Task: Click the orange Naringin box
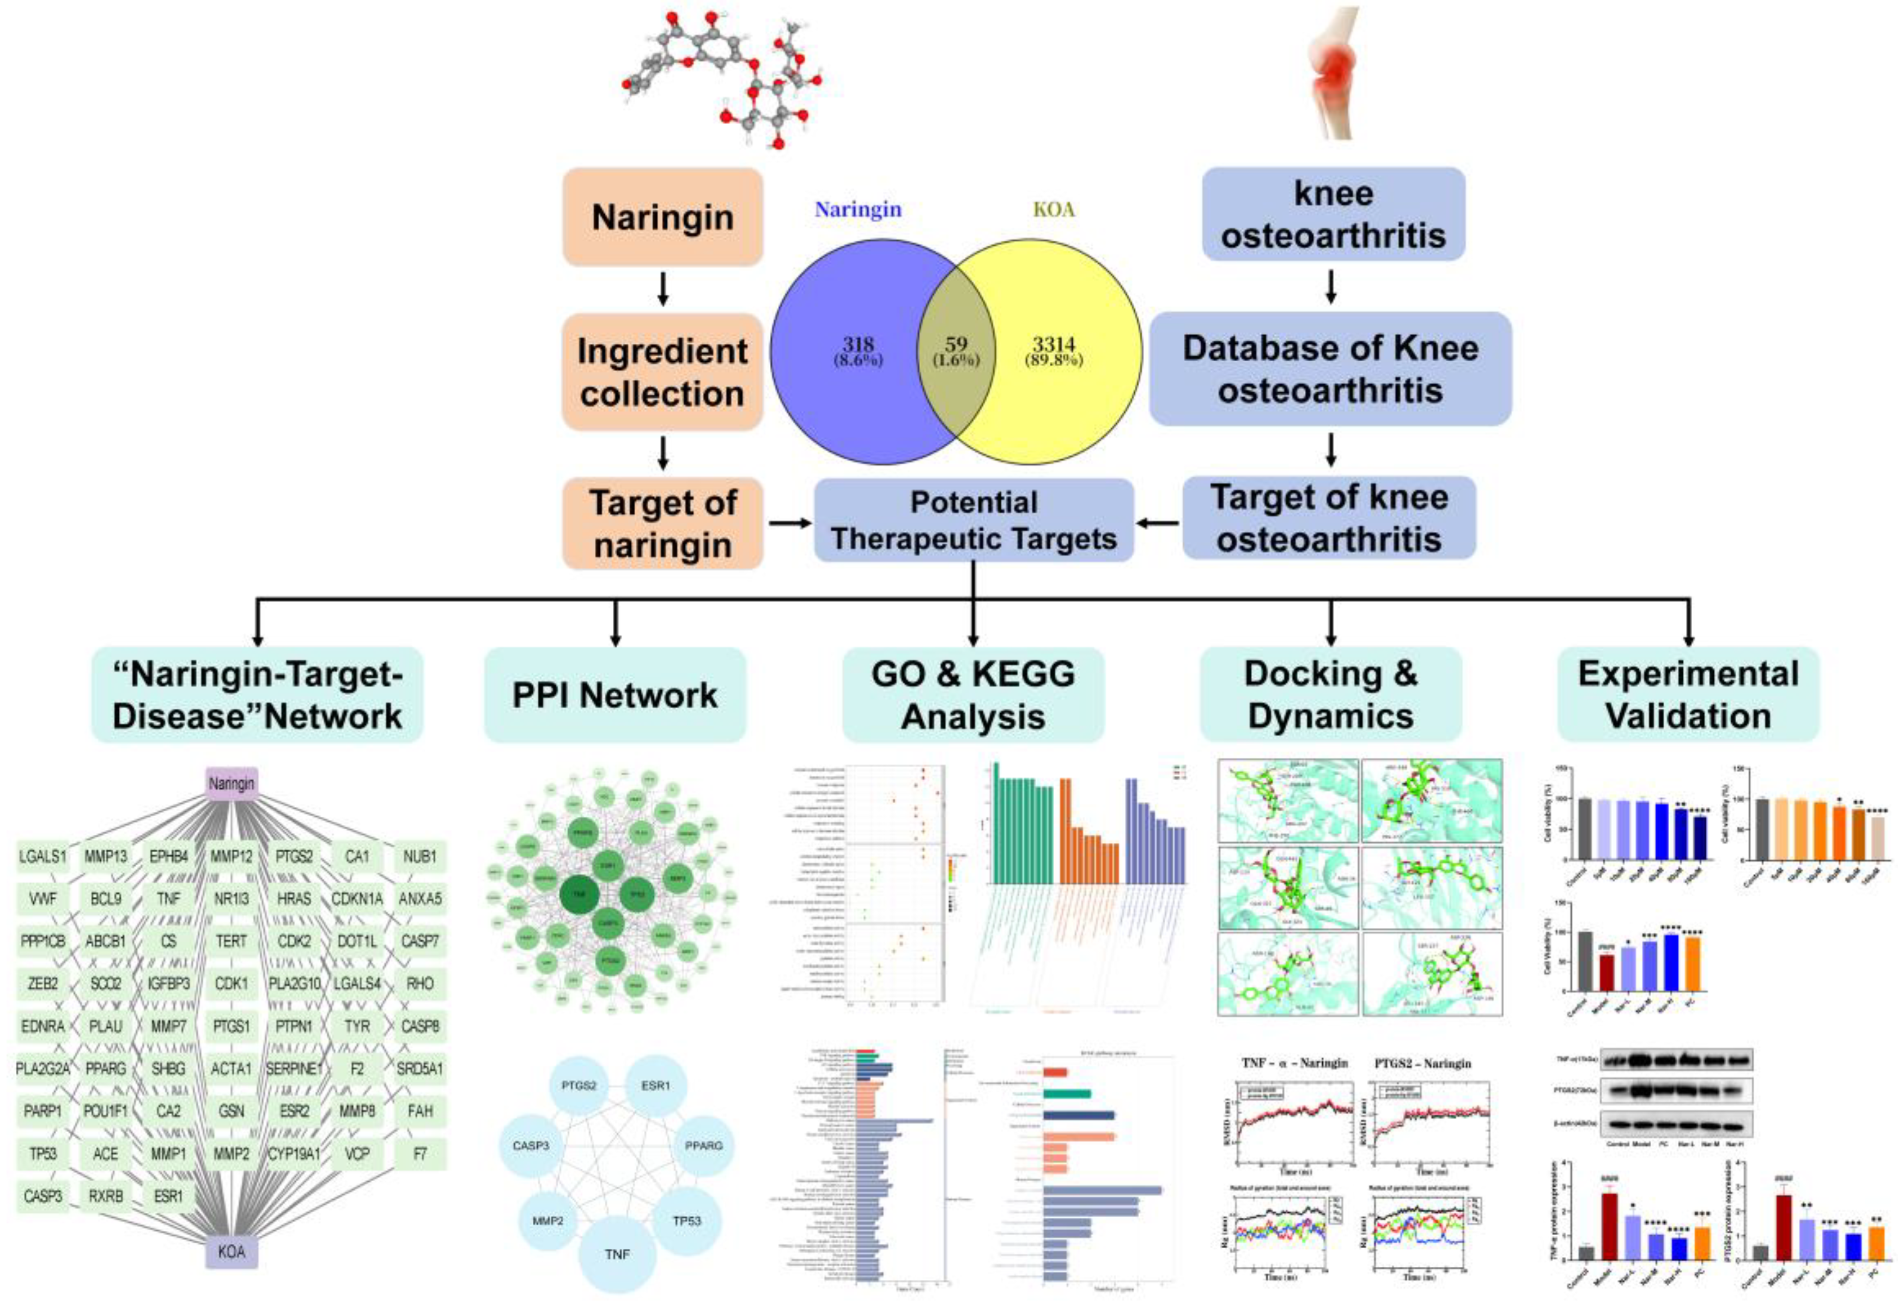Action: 662,217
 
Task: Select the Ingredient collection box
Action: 662,372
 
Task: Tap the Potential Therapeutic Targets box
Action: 974,520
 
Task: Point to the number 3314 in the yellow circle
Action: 1054,344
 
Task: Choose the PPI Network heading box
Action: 615,695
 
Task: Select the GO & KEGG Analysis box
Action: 973,695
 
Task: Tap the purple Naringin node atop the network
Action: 232,783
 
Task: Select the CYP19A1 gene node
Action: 294,1153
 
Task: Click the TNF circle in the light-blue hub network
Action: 617,1254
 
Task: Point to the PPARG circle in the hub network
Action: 703,1145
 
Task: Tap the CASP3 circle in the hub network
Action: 531,1145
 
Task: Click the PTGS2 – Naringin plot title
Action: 1434,1063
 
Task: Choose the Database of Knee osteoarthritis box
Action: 1330,369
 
